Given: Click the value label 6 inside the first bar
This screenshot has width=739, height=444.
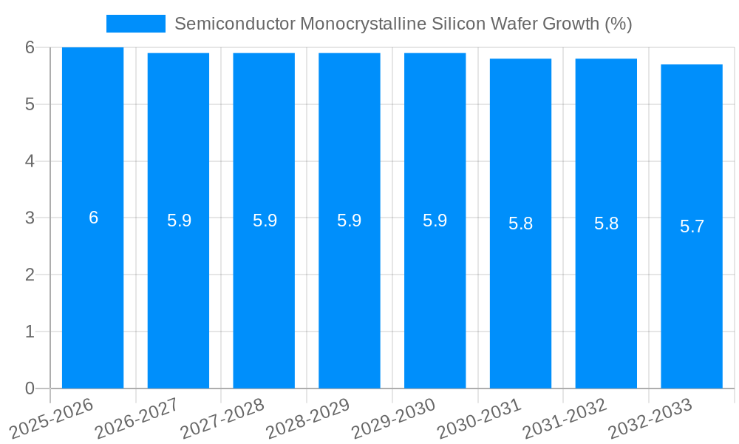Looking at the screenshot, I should tap(93, 218).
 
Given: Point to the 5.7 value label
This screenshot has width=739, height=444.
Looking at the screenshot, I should tap(692, 226).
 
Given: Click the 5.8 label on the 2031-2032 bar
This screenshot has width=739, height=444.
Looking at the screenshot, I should tap(606, 223).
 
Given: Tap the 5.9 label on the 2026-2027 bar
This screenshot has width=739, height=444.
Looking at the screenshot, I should tap(179, 221).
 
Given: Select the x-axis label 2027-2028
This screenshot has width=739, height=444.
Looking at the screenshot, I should tap(222, 419).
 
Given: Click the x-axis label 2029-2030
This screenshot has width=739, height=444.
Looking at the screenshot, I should tap(393, 419).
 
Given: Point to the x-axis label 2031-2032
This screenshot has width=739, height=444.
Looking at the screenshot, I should tap(565, 419).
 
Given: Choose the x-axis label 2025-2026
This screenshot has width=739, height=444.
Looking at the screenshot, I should tap(51, 419).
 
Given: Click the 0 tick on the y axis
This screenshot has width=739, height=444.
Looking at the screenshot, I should tap(30, 388).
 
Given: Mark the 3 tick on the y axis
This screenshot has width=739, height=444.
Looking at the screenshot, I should tap(30, 218).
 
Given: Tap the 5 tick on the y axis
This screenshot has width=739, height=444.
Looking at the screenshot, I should tap(30, 104).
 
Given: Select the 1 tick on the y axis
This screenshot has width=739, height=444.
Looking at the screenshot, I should tap(30, 332).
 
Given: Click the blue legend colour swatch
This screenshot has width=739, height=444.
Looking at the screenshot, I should tap(135, 24).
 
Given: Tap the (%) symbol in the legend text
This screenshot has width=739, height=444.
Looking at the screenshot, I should tap(619, 24).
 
